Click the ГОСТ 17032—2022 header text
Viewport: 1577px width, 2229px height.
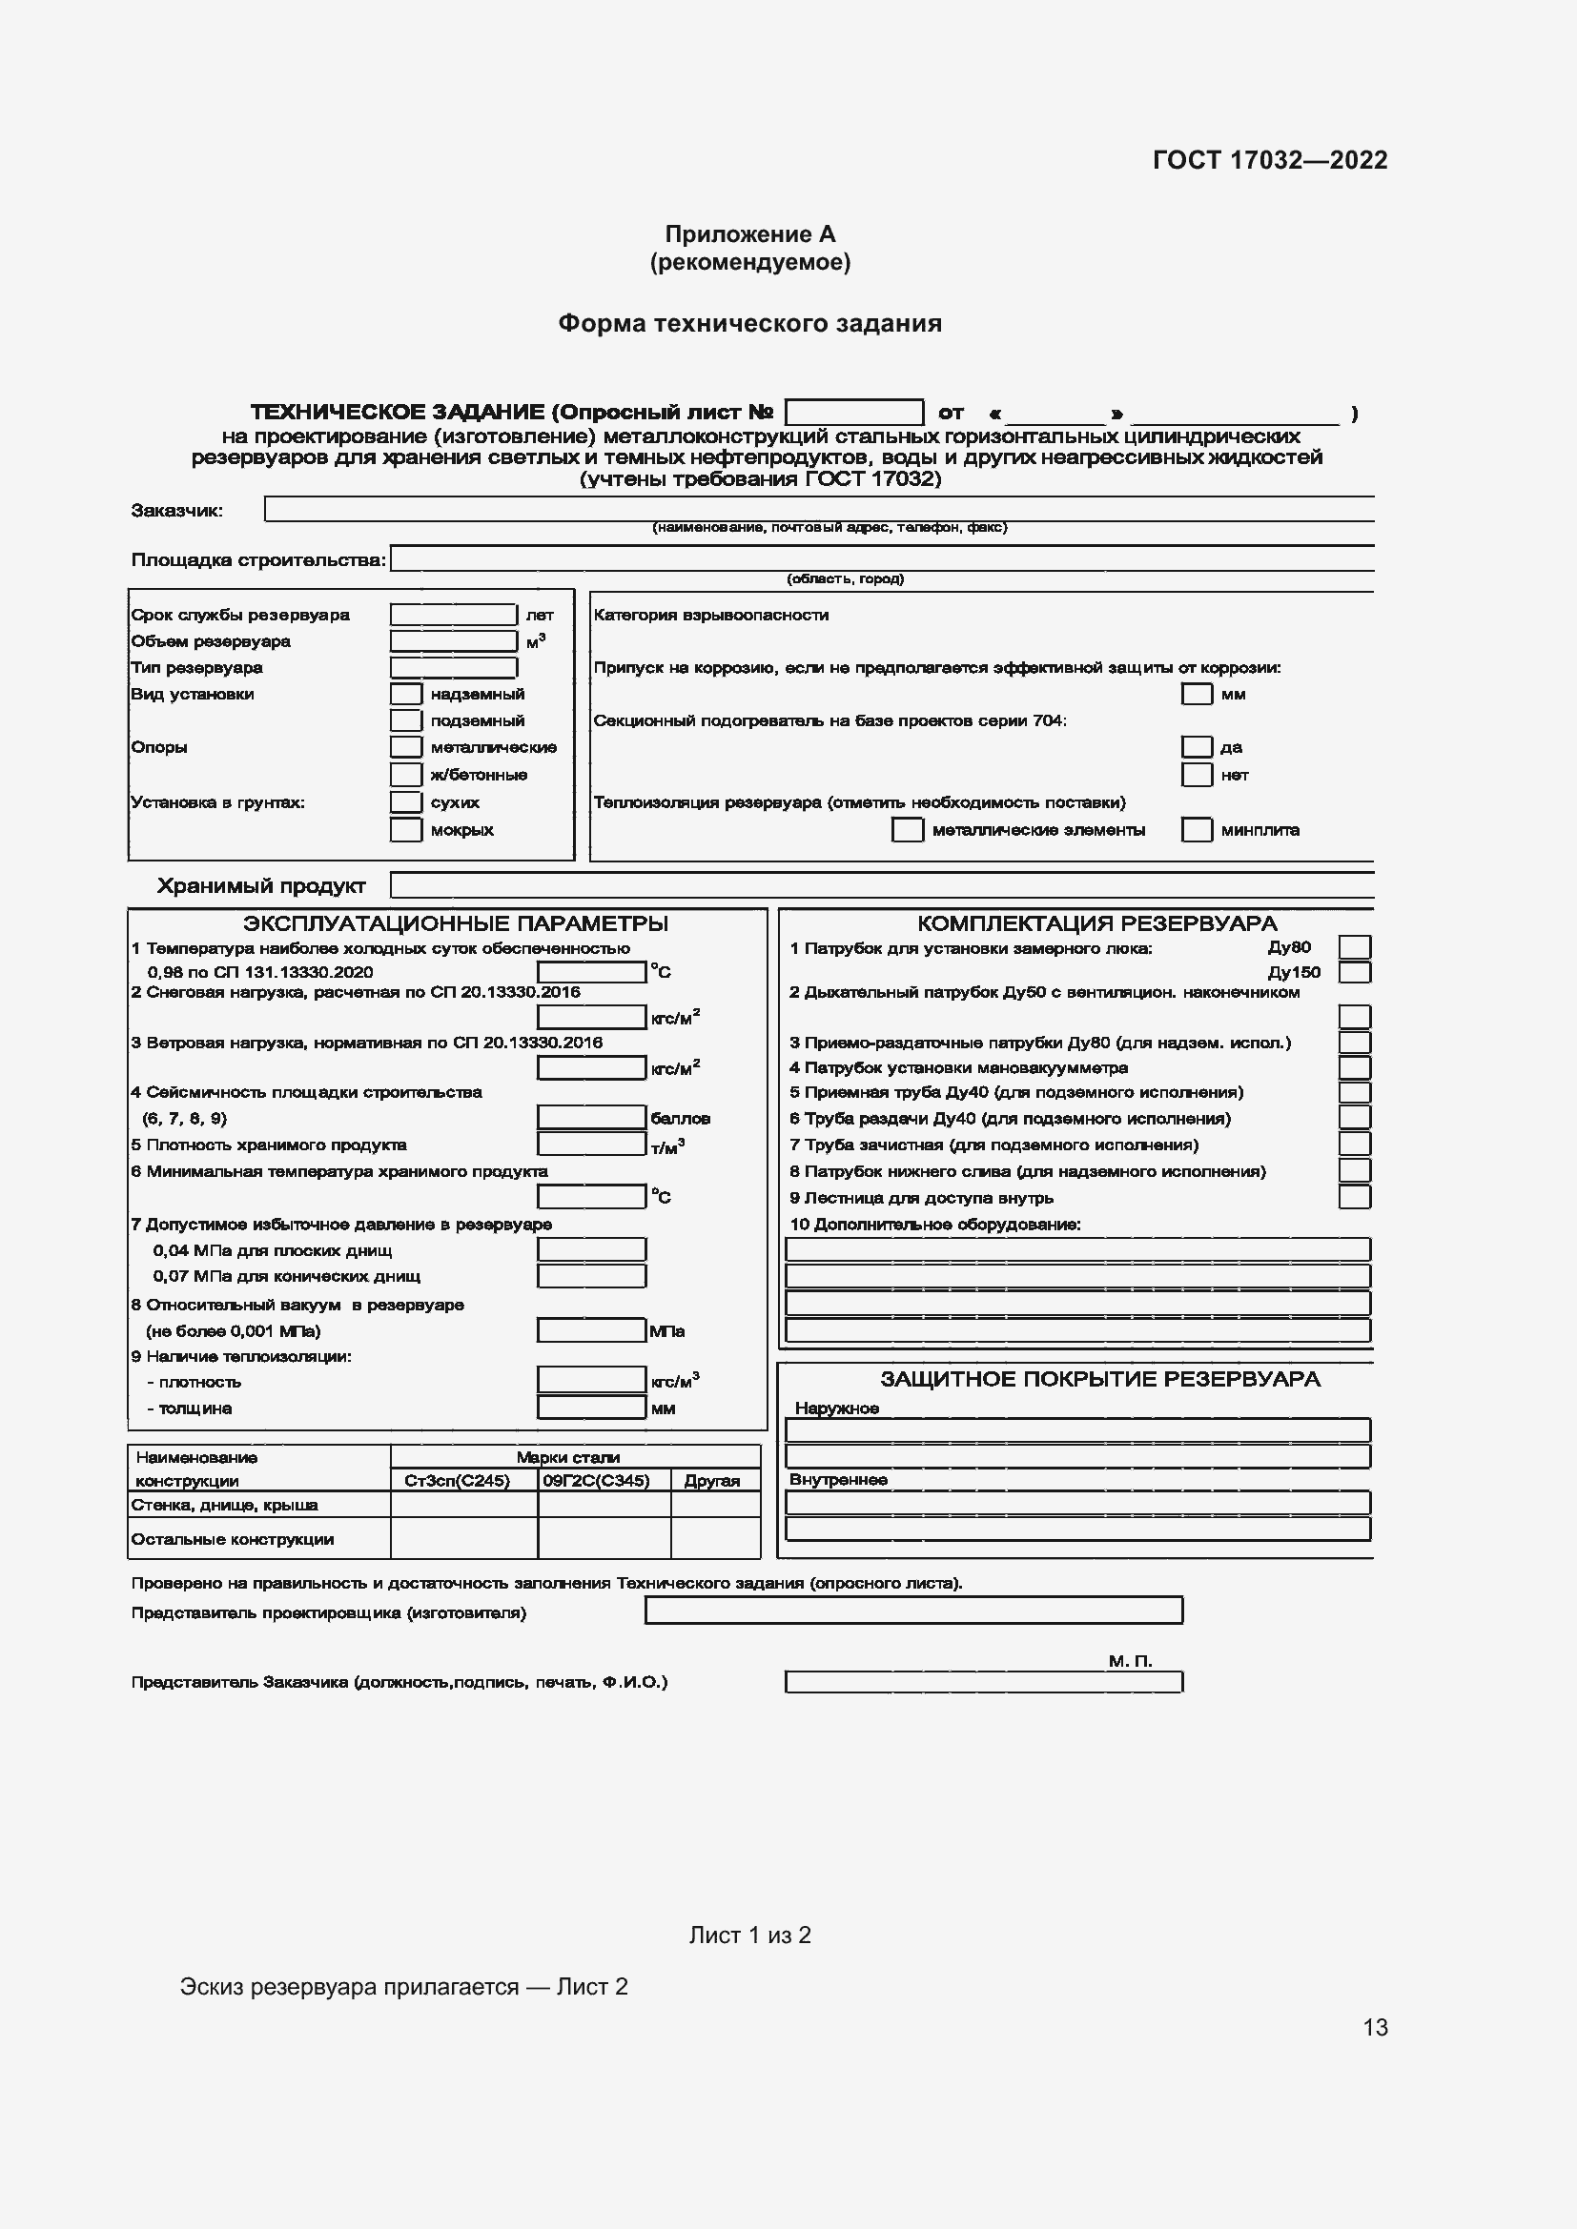tap(1269, 160)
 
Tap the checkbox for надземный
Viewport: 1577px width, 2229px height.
tap(406, 694)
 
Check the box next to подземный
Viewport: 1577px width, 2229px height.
tap(406, 720)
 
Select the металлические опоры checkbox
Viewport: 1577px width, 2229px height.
tap(406, 746)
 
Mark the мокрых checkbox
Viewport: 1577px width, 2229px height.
tap(406, 830)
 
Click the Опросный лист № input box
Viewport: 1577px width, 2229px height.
tap(853, 413)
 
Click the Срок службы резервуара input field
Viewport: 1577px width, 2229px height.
tap(453, 615)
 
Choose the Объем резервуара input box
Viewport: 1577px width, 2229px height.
tap(453, 640)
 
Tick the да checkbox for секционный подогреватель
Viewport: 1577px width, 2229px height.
tap(1197, 746)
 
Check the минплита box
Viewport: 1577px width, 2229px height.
tap(1197, 830)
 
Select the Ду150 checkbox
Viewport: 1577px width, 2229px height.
tap(1354, 972)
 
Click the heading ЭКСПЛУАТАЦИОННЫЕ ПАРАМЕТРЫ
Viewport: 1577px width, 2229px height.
tap(456, 923)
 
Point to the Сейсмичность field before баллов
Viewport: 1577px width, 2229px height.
tap(591, 1118)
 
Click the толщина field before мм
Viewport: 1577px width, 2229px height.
tap(591, 1408)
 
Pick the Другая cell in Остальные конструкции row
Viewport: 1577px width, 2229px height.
tap(715, 1539)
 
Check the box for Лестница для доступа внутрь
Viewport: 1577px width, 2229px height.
tap(1354, 1197)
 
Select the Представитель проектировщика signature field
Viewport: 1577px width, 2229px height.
tap(912, 1611)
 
